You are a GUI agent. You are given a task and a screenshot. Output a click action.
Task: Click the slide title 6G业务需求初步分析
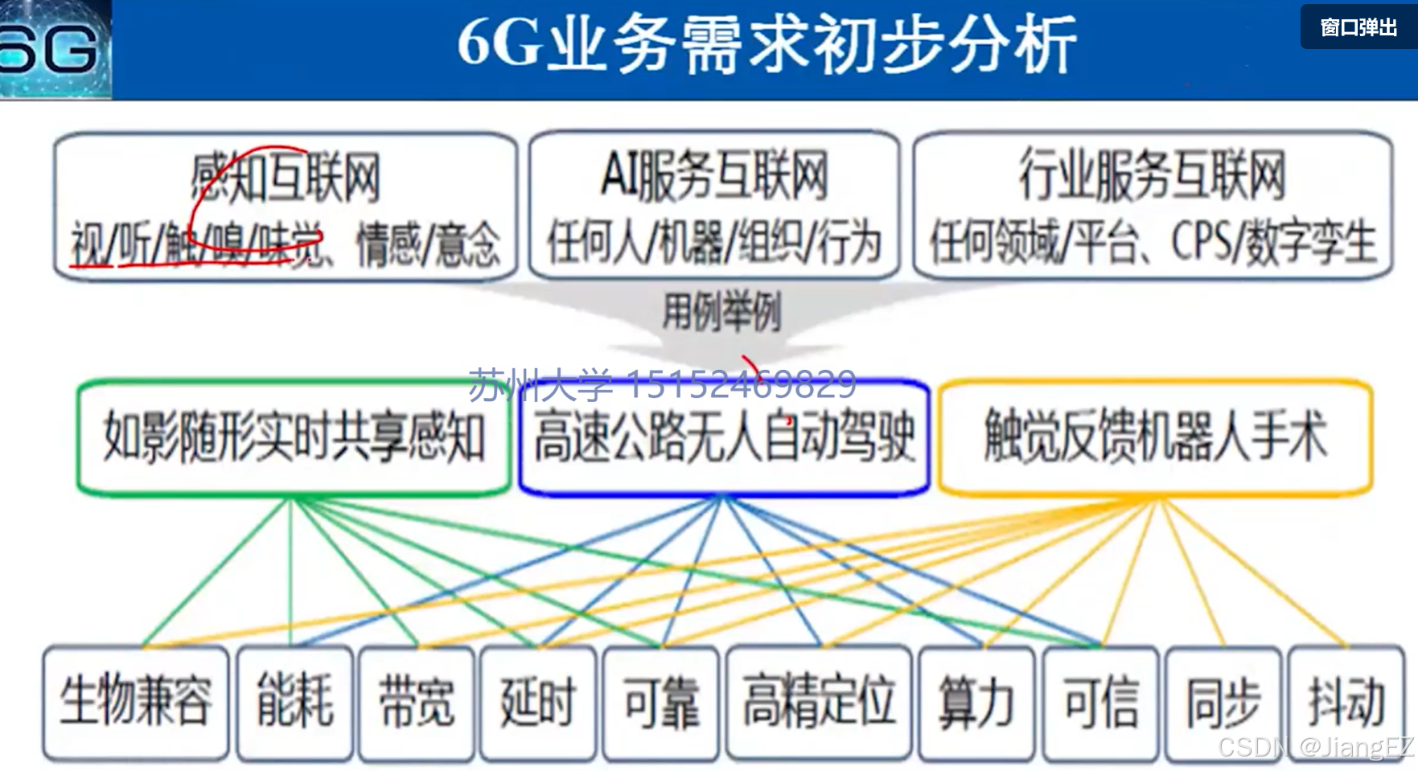click(x=766, y=45)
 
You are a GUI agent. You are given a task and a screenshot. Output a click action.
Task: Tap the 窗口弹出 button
click(x=1358, y=28)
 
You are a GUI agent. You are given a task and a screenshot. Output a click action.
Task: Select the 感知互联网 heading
click(x=285, y=177)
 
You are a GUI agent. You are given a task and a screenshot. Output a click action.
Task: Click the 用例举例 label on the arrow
click(x=721, y=313)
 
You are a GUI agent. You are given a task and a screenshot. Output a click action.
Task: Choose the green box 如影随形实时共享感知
click(x=294, y=438)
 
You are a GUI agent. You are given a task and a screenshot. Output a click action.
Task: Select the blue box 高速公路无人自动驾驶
click(x=724, y=438)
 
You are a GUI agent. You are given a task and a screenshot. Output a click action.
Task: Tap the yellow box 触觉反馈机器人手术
click(x=1155, y=437)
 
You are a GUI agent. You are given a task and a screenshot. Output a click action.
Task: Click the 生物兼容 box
click(x=136, y=702)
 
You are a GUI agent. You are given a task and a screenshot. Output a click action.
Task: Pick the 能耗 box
click(x=295, y=702)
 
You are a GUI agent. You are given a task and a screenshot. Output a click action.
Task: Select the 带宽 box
click(x=417, y=702)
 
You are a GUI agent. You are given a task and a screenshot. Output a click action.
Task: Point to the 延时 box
click(x=538, y=702)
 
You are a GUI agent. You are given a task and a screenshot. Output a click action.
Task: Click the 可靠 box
click(x=661, y=702)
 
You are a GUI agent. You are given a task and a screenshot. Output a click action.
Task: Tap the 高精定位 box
click(x=819, y=702)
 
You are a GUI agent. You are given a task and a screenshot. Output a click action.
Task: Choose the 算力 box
click(x=976, y=702)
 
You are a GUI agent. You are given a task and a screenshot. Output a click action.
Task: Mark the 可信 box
click(x=1100, y=702)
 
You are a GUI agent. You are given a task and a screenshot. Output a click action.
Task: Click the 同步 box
click(x=1223, y=702)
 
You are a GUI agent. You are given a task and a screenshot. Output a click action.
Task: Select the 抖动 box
click(x=1346, y=702)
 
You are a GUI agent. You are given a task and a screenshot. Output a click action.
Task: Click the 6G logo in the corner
click(x=53, y=50)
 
